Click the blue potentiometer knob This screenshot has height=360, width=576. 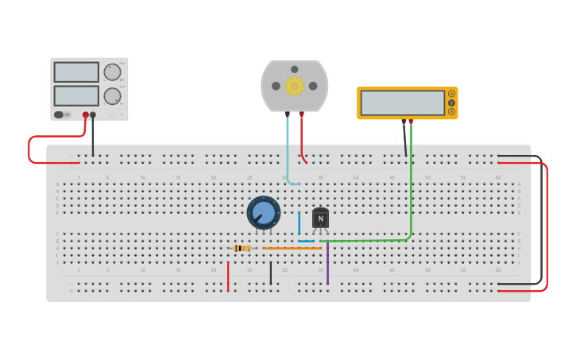[x=264, y=213]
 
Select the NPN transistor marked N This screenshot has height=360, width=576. [x=320, y=219]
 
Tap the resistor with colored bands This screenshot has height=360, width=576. [x=243, y=248]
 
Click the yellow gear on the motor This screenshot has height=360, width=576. [x=295, y=86]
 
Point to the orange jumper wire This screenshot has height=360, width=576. [x=292, y=248]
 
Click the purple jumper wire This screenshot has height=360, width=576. [x=327, y=264]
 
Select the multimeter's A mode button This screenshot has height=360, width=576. [x=451, y=94]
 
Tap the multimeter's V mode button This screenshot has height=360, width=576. [x=451, y=103]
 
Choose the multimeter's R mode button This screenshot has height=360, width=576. [x=451, y=111]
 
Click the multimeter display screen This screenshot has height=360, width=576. [x=402, y=103]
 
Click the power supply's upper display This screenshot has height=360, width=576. [x=76, y=72]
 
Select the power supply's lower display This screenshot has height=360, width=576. [x=76, y=95]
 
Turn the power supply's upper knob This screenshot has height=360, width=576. [x=112, y=72]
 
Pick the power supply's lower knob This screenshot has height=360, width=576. [x=112, y=96]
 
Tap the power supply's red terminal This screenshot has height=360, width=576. [x=85, y=114]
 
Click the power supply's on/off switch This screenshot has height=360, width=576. [x=59, y=114]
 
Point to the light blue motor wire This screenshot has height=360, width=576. [x=288, y=151]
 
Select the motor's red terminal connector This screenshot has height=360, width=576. [x=301, y=114]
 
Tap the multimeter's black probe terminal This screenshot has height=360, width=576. [x=404, y=122]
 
